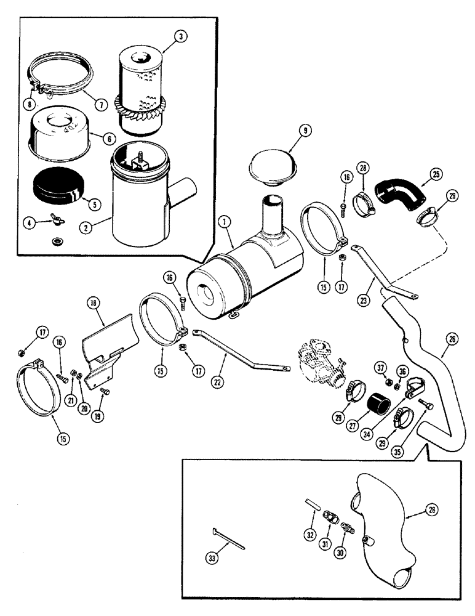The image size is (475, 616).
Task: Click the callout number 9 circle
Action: (x=289, y=131)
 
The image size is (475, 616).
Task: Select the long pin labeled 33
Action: (x=229, y=538)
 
